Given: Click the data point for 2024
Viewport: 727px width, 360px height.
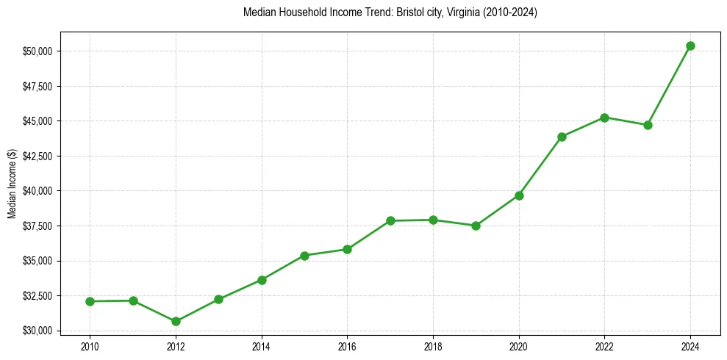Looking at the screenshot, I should point(690,46).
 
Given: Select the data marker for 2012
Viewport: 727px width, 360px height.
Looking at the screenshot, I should point(176,321).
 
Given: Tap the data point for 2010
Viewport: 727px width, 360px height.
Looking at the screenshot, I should point(90,301).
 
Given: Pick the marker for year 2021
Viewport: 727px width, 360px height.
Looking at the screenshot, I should point(562,137).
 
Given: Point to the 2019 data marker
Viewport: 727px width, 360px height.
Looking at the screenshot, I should point(476,226).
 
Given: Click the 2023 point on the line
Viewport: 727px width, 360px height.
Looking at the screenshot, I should point(648,125).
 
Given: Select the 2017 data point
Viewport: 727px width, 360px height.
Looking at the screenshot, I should point(390,220).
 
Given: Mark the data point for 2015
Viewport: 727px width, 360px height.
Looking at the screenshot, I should point(304,256).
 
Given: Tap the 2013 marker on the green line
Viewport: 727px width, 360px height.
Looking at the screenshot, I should point(218,299).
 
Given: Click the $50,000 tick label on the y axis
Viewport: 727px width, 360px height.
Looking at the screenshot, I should point(37,51).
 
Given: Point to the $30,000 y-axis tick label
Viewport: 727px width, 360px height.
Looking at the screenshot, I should point(37,331).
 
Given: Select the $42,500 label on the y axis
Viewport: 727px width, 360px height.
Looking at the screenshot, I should point(37,156).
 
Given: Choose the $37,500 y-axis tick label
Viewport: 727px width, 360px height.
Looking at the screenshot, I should point(37,226).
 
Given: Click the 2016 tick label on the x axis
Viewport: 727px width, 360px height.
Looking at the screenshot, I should point(347,346).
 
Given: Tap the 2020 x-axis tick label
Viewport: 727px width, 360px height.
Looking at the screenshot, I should point(519,346).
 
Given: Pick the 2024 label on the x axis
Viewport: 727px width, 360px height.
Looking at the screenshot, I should point(690,346).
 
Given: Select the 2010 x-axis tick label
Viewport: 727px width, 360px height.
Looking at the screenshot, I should point(90,346).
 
